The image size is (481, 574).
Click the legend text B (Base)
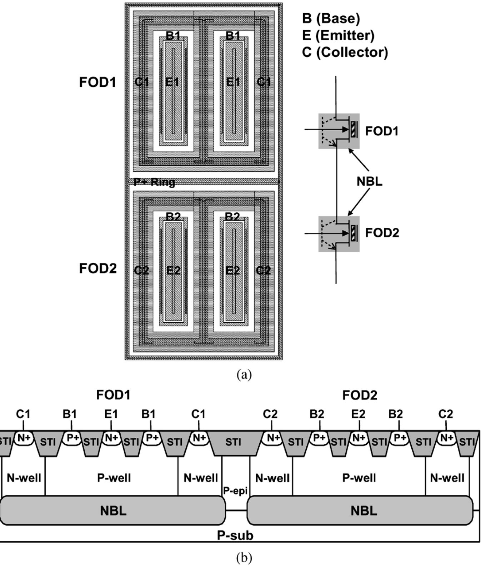pyautogui.click(x=331, y=19)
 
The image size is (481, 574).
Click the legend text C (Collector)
pyautogui.click(x=345, y=52)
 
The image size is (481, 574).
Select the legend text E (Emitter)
pyautogui.click(x=338, y=35)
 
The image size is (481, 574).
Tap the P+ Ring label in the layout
pyautogui.click(x=154, y=182)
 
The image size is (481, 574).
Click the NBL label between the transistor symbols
pyautogui.click(x=369, y=181)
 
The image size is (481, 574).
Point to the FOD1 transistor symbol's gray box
pyautogui.click(x=339, y=131)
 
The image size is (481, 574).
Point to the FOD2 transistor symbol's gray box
pyautogui.click(x=339, y=234)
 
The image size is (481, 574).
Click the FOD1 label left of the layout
pyautogui.click(x=97, y=82)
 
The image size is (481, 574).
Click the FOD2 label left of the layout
pyautogui.click(x=97, y=268)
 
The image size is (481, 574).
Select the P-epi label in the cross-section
pyautogui.click(x=235, y=491)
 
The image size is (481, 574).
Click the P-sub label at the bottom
pyautogui.click(x=235, y=535)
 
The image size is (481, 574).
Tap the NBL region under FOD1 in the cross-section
pyautogui.click(x=113, y=510)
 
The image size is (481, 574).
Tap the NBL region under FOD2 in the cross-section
pyautogui.click(x=364, y=510)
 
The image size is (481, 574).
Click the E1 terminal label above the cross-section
pyautogui.click(x=111, y=414)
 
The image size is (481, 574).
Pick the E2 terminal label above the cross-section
pyautogui.click(x=358, y=414)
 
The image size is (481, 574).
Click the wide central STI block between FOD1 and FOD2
pyautogui.click(x=233, y=443)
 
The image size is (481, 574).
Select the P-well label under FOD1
pyautogui.click(x=114, y=478)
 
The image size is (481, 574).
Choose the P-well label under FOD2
pyautogui.click(x=359, y=478)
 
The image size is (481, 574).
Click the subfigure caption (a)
pyautogui.click(x=244, y=374)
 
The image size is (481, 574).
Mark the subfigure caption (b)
pyautogui.click(x=244, y=557)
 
